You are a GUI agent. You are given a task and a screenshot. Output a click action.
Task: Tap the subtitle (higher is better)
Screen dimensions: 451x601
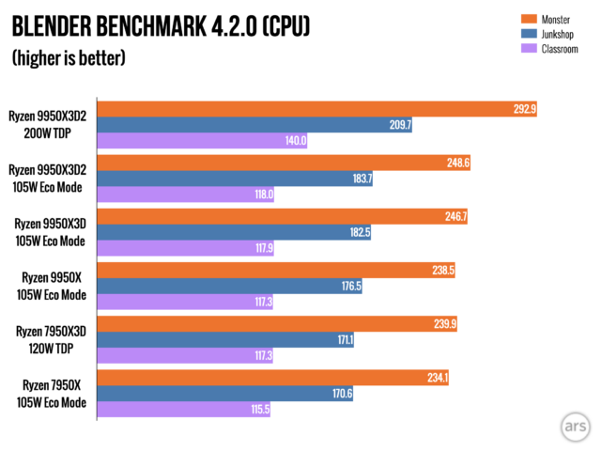tap(69, 58)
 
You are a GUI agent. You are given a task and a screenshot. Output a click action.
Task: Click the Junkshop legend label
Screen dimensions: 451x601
tap(559, 33)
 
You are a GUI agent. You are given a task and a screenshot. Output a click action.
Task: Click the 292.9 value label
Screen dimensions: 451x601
tap(523, 109)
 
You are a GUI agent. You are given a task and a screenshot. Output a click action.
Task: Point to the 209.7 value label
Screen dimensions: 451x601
tap(399, 125)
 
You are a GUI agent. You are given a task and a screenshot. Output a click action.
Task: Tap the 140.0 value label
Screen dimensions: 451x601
tap(296, 141)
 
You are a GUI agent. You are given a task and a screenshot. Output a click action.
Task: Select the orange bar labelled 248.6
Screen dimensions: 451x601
tap(282, 163)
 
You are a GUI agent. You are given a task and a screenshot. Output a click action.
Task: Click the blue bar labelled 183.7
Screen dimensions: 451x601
tap(235, 179)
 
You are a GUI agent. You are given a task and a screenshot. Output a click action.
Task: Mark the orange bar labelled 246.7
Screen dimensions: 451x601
tap(282, 216)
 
